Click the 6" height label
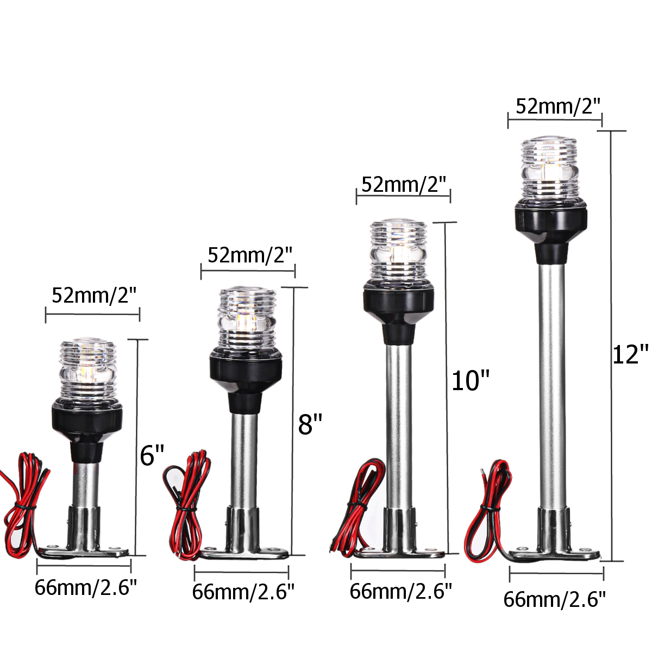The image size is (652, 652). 152,455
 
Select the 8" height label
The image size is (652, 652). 310,424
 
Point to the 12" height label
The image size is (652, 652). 630,355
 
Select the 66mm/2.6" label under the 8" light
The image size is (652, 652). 243,592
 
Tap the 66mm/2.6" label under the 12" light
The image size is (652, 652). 554,599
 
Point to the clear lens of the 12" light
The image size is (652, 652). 551,170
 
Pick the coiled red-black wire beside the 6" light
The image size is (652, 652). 27,500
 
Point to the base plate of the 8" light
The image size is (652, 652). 243,554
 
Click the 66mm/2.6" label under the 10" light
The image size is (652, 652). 400,591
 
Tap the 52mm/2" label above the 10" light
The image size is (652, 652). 404,185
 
